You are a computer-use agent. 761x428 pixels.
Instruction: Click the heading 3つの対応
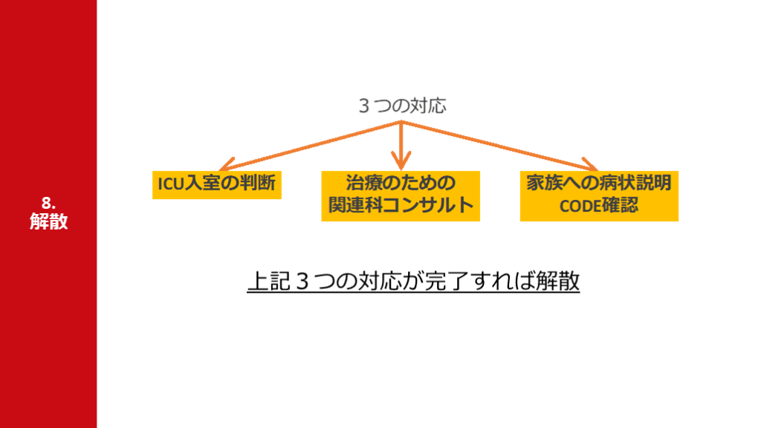402,106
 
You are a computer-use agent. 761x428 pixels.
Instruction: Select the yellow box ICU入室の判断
218,184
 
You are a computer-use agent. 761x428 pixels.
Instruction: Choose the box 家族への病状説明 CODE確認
599,195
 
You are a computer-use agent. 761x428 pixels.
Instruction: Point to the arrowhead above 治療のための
401,159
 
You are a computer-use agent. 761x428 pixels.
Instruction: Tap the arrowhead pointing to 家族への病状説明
589,165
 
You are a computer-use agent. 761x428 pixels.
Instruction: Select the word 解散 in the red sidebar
49,221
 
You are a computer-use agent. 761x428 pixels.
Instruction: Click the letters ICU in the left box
170,184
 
